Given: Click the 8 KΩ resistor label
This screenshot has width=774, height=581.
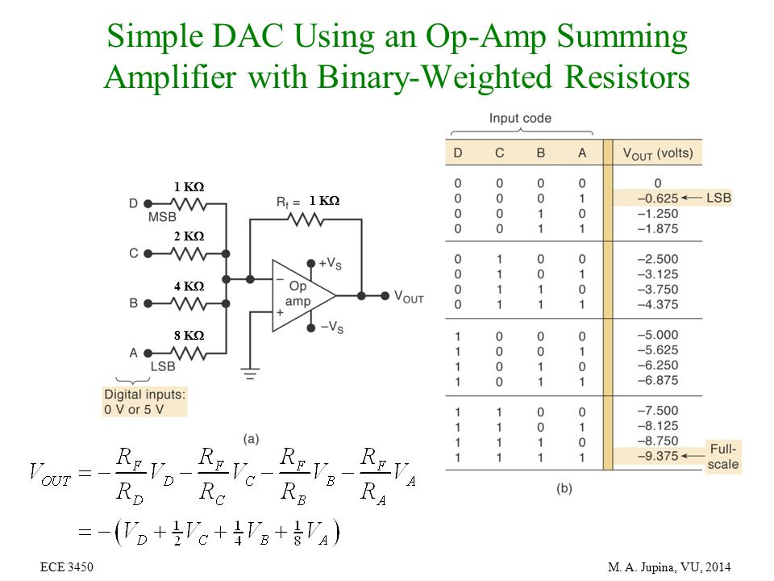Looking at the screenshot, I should [189, 335].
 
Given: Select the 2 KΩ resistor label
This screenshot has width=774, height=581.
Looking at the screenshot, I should [189, 236].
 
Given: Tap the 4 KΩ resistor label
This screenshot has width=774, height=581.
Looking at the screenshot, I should [189, 286].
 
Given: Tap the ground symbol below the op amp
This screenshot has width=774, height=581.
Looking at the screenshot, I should [250, 374].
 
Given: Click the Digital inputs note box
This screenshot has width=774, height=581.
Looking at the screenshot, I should [145, 401].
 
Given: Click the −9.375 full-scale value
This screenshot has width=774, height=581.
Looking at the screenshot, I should [655, 458].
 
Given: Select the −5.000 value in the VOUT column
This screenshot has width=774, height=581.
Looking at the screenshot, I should [655, 335].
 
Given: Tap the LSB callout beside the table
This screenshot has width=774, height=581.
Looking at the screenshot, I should [718, 198].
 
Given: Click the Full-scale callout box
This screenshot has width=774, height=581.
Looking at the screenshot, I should [722, 456].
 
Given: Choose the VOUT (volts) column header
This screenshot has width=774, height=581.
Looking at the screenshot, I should [657, 152].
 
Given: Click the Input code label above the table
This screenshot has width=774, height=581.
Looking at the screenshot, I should [520, 119].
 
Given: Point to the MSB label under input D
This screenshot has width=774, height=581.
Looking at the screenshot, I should [162, 218].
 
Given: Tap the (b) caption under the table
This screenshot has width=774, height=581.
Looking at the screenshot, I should [564, 489].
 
